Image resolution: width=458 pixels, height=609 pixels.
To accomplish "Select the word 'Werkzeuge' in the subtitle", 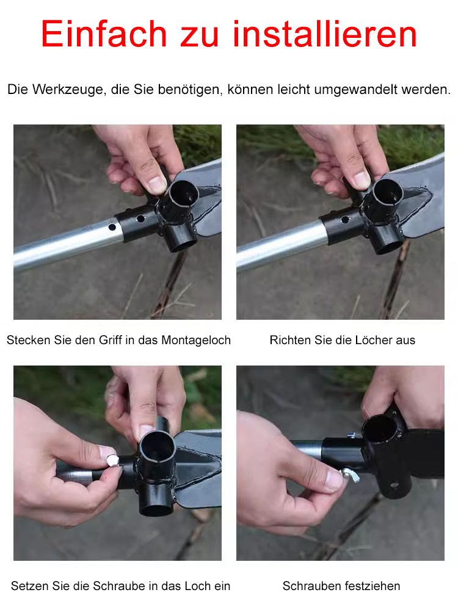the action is coord(69,90).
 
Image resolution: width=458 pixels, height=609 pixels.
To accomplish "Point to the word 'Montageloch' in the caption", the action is coord(196,341).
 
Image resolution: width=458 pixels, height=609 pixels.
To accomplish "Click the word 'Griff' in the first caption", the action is coord(111,341).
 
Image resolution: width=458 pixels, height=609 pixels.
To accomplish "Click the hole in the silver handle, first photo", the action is coord(112,227).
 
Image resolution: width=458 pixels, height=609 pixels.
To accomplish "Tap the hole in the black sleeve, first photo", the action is coord(140,218).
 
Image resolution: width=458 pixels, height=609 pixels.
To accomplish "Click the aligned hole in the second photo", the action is coord(345,220).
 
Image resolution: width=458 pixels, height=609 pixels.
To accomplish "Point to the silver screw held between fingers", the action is coord(113,460).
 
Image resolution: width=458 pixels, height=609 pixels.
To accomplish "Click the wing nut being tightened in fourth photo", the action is coord(350,475).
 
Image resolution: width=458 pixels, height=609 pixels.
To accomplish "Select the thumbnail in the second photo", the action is coord(362,179).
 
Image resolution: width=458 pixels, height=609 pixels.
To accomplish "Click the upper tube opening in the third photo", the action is coord(158,447).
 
